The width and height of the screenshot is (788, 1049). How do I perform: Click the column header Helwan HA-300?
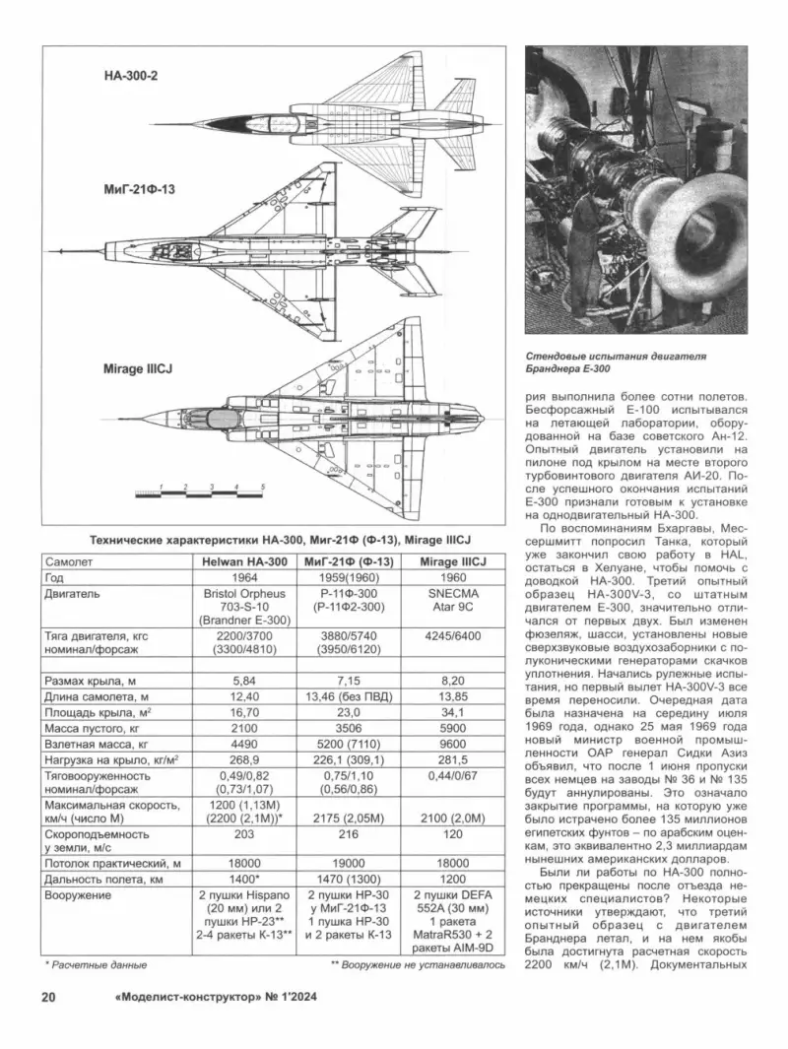[243, 560]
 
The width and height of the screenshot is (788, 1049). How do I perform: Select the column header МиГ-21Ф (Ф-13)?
[352, 560]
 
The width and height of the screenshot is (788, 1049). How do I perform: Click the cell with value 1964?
[243, 577]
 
